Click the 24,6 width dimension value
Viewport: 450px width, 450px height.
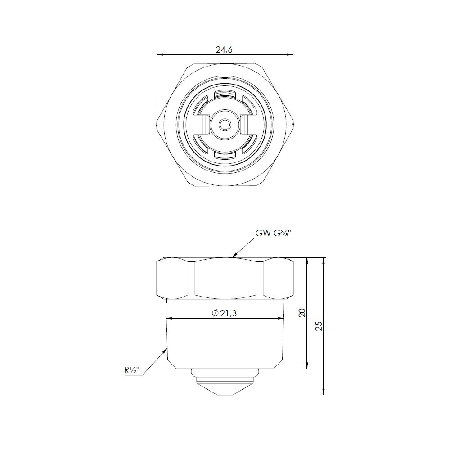(224, 49)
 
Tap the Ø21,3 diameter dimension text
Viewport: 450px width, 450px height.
(225, 313)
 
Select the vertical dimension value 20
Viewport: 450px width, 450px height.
(302, 312)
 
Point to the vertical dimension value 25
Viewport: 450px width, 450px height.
(319, 326)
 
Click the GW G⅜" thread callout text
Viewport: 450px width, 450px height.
(273, 233)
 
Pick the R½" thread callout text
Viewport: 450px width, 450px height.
(132, 370)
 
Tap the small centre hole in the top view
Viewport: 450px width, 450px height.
(225, 125)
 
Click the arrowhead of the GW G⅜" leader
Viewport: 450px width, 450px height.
(234, 255)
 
